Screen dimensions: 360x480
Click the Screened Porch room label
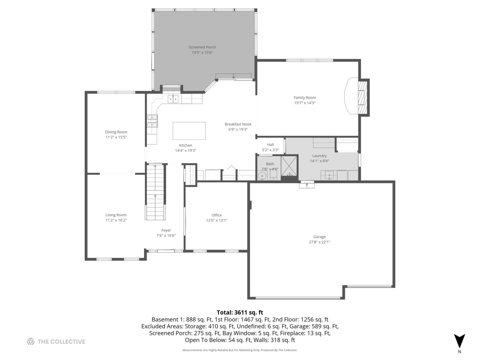[202, 47]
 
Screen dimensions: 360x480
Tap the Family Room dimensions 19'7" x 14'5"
[305, 103]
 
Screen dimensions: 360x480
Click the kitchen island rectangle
[189, 131]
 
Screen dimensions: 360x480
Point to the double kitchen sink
[173, 99]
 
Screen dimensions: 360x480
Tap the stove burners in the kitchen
[152, 121]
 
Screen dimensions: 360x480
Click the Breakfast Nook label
[238, 124]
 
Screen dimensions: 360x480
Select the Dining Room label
[116, 132]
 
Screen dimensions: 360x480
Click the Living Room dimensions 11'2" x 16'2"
[116, 220]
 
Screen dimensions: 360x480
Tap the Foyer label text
[166, 230]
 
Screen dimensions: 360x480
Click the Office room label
[216, 215]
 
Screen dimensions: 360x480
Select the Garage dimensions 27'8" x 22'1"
[319, 242]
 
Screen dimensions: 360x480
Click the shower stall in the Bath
[289, 168]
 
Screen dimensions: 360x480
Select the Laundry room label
[319, 156]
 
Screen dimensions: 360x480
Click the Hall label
[270, 145]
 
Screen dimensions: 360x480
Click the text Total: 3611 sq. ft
[240, 312]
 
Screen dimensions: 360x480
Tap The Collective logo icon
[31, 341]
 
